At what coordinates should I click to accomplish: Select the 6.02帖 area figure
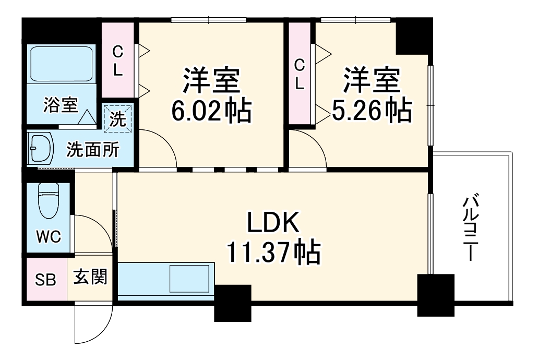[211, 111]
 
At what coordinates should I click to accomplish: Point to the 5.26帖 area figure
[372, 110]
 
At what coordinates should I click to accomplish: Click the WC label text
[48, 237]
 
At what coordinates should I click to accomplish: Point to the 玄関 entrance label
[90, 277]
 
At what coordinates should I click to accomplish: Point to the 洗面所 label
[92, 150]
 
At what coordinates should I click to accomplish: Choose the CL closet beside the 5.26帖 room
[300, 74]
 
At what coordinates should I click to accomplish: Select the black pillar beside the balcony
[436, 295]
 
